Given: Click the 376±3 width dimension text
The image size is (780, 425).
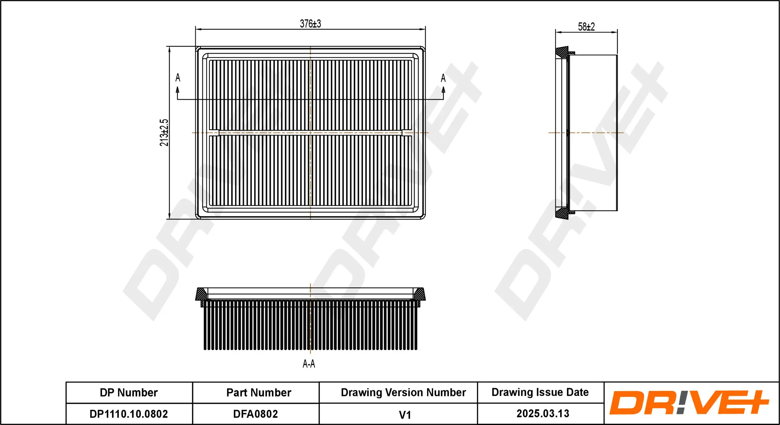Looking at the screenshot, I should click(x=310, y=24).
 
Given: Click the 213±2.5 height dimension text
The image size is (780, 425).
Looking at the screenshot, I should click(x=164, y=133).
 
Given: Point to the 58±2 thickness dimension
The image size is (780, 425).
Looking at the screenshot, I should click(x=586, y=27).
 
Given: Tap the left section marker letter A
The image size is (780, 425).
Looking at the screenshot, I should click(x=178, y=77).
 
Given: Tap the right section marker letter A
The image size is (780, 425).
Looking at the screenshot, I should click(x=443, y=78).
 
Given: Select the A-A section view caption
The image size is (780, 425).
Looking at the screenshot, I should click(x=309, y=364).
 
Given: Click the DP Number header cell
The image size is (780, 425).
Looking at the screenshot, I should click(x=129, y=392).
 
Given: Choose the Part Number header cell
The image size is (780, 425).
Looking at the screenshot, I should click(x=259, y=392).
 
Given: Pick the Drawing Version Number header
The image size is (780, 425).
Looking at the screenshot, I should click(x=403, y=392).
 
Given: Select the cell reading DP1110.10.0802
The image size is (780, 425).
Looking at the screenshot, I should click(x=129, y=414).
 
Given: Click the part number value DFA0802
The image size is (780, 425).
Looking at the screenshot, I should click(x=256, y=414).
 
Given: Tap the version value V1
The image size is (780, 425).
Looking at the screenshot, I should click(x=405, y=415).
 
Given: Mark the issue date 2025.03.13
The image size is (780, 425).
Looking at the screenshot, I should click(x=543, y=413).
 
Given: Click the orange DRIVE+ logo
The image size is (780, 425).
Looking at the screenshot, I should click(x=689, y=403).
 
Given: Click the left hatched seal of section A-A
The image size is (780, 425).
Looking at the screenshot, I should click(x=201, y=294).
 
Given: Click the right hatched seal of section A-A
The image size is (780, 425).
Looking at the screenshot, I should click(x=420, y=294).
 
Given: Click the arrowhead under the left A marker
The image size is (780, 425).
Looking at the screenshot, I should click(x=178, y=90).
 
